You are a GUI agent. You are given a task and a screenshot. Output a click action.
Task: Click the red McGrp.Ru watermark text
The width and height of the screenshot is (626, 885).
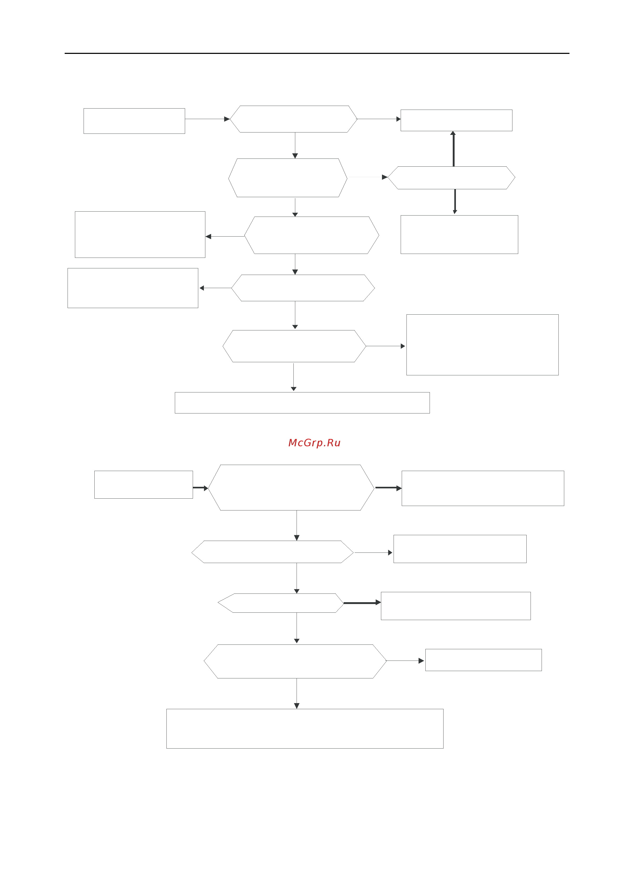click(314, 443)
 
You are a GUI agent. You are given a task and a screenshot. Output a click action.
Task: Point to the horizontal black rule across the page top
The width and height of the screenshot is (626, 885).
click(317, 53)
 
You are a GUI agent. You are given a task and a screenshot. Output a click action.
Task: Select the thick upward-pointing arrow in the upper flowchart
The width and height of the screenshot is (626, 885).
click(453, 149)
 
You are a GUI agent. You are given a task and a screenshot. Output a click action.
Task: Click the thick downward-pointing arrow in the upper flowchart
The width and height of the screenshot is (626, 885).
click(455, 201)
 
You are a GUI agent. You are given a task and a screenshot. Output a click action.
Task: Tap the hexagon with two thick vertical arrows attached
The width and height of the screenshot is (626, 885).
click(451, 178)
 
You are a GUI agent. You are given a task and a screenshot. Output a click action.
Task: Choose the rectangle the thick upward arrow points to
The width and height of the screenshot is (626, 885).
click(456, 120)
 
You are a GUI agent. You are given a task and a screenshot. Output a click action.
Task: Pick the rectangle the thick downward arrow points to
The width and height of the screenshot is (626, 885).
click(460, 234)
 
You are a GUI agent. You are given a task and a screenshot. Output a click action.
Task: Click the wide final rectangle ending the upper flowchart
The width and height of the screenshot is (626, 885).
click(302, 403)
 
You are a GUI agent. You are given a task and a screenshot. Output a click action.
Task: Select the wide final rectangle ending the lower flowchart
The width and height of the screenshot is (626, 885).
click(305, 729)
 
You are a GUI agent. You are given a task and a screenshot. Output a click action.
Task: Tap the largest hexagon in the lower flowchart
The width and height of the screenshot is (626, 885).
click(291, 488)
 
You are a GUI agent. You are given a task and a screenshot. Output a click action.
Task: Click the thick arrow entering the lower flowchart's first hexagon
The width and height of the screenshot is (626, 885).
click(200, 488)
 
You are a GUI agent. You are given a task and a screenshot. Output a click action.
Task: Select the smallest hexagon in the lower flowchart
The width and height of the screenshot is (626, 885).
click(281, 603)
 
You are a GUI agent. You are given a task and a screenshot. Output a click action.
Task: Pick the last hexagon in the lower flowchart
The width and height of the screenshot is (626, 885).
click(295, 661)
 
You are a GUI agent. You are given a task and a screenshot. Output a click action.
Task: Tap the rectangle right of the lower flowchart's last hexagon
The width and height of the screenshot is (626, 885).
click(484, 660)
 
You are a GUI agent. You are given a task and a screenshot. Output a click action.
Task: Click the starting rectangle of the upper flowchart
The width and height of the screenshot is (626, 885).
click(134, 121)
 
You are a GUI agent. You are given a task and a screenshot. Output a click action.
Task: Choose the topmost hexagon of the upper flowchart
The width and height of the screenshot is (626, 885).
click(294, 119)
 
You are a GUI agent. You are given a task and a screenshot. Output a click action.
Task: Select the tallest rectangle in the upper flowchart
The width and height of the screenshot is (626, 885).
click(483, 345)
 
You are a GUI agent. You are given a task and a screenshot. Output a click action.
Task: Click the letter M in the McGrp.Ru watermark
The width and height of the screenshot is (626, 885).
click(293, 443)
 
